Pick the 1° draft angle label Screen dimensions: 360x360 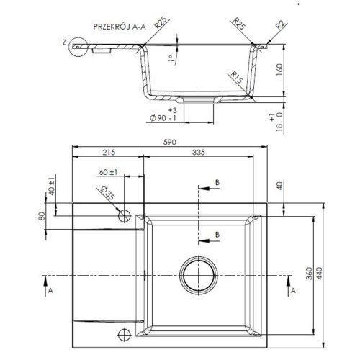(x=168, y=60)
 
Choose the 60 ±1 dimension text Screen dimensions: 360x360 (x=108, y=173)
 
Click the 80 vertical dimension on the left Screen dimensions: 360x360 (x=42, y=215)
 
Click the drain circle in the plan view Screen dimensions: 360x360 (x=199, y=274)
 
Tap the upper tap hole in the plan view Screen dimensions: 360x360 (x=124, y=215)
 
